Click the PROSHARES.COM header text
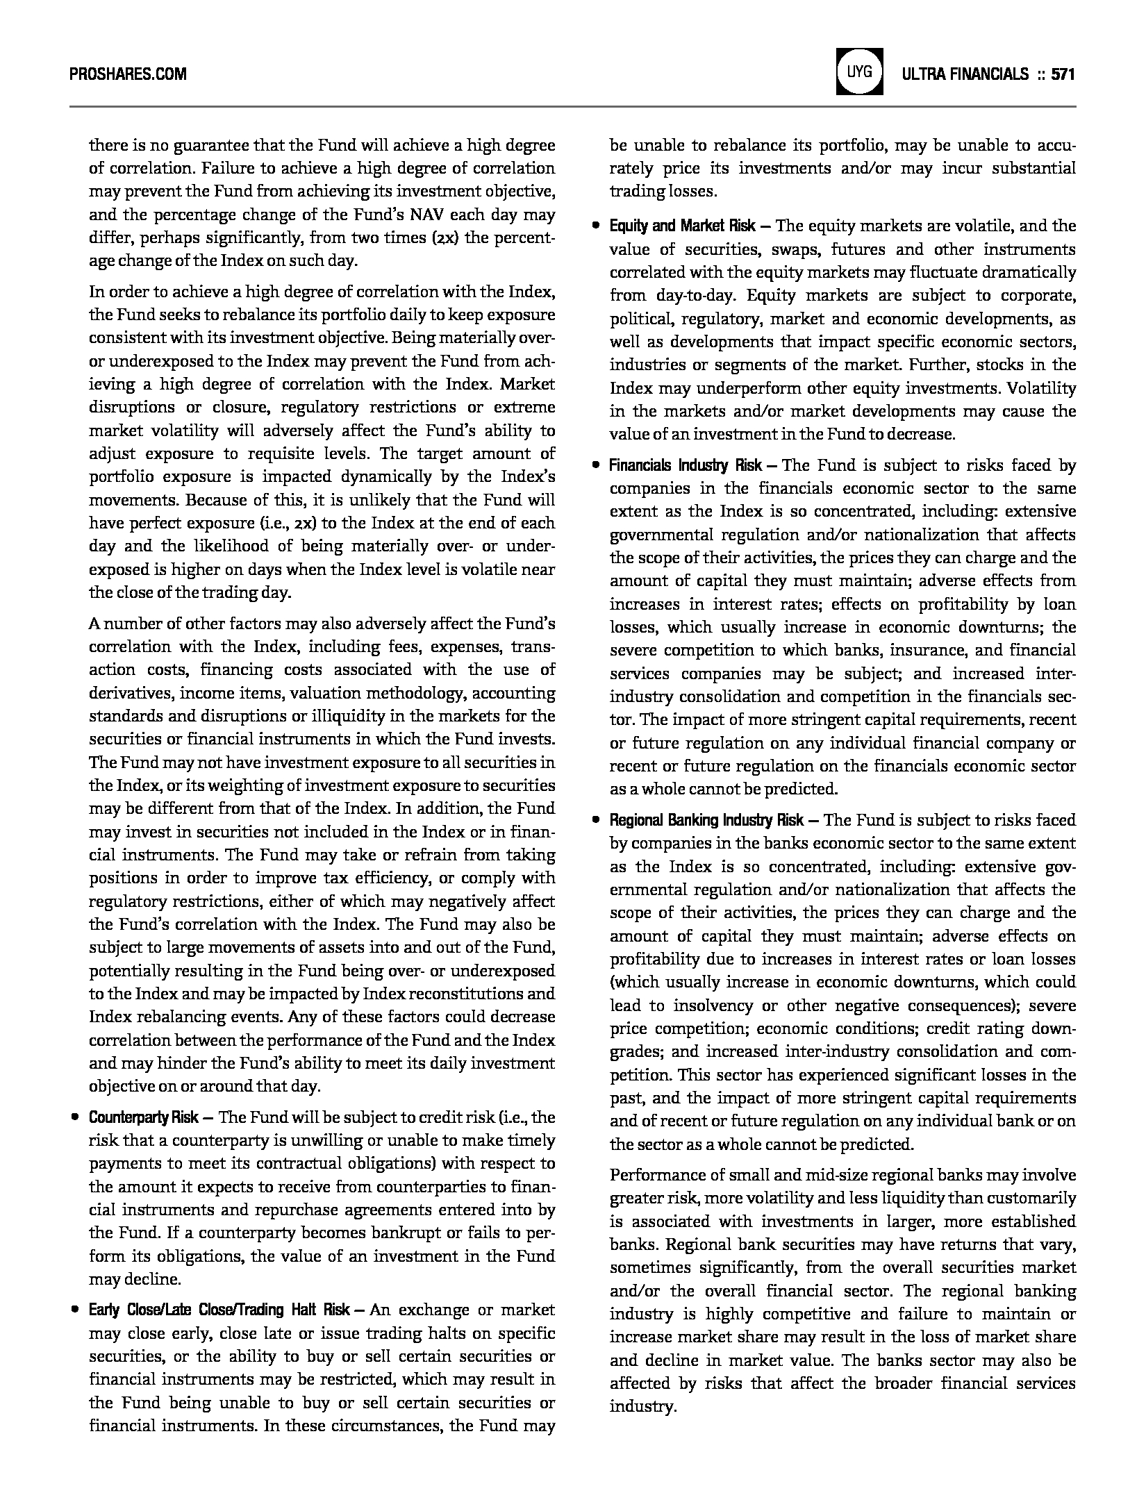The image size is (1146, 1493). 128,73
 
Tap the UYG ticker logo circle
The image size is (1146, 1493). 861,72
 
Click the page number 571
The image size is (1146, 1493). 1063,74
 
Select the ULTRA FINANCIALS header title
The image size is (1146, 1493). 965,74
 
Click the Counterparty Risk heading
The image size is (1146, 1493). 144,1117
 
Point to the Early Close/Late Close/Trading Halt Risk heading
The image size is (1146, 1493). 219,1310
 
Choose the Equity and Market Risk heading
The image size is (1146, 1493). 683,226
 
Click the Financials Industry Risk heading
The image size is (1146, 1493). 686,465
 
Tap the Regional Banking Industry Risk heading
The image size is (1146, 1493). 706,820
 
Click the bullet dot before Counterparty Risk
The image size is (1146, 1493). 74,1117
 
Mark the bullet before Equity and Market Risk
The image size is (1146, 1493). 595,226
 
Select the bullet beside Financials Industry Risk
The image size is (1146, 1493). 595,465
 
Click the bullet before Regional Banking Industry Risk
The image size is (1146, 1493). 595,820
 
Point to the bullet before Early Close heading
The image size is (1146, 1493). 74,1310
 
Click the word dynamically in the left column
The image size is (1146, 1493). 387,476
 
